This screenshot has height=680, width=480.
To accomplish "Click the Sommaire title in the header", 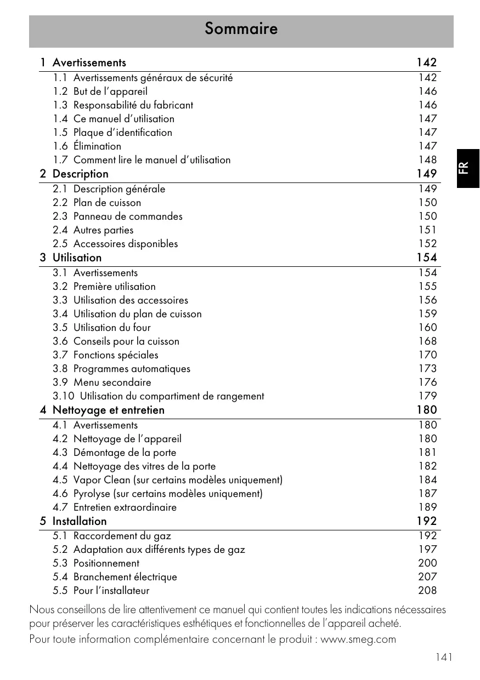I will click(241, 28).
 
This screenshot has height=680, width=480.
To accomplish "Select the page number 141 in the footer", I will click(444, 657).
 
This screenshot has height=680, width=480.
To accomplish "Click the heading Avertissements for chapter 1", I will click(89, 62).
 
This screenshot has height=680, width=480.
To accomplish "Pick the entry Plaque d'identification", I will click(122, 133).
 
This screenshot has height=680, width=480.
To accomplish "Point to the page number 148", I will click(427, 160).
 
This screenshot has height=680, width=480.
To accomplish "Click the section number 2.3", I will click(60, 216).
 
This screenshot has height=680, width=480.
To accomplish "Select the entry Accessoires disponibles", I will click(126, 244).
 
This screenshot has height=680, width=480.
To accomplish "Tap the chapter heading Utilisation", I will click(77, 258).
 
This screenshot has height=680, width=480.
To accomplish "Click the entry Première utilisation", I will click(114, 287).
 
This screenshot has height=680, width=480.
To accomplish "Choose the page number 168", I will click(427, 341).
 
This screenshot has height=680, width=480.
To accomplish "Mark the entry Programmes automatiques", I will click(132, 369).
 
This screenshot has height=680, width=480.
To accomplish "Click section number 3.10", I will click(63, 396).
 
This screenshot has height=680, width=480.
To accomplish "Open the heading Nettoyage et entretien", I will click(108, 410).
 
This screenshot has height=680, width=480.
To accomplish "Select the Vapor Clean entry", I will click(178, 480).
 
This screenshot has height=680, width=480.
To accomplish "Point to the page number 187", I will click(427, 494).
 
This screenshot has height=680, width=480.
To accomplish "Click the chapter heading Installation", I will click(80, 521).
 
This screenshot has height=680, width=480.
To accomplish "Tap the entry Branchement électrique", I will click(125, 577).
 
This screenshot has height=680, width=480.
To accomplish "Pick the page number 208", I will click(427, 591).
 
